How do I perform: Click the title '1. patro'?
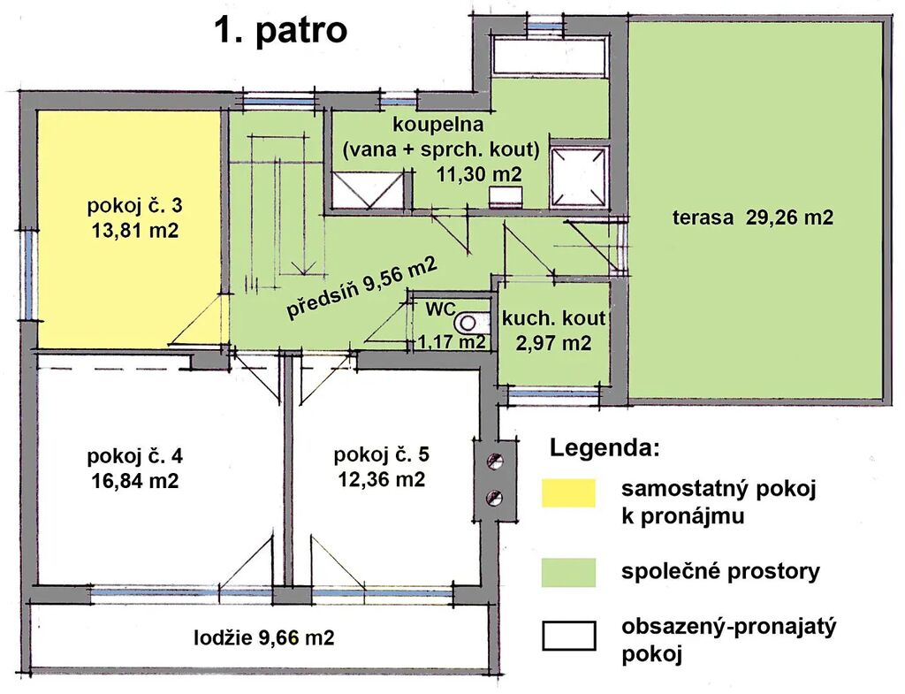coord(280,30)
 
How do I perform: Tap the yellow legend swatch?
coord(568,493)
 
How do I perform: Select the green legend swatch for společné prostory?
coord(568,572)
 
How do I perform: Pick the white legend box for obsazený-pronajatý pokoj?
coord(568,635)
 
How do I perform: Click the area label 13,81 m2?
coord(135,231)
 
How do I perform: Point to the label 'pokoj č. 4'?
coord(135,456)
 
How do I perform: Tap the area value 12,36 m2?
coord(382,479)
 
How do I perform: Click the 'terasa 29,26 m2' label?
coord(753,217)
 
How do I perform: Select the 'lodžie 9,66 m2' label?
coord(264,637)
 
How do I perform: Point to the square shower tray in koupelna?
coord(579,176)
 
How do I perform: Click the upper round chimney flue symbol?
coord(495,461)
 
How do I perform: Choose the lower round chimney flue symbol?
coord(495,497)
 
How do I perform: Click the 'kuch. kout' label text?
coord(553,318)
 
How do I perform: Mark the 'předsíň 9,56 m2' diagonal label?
coord(361,287)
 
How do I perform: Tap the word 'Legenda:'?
coord(605,447)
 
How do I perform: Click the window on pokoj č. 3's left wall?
coord(28,274)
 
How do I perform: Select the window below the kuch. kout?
coord(553,395)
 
